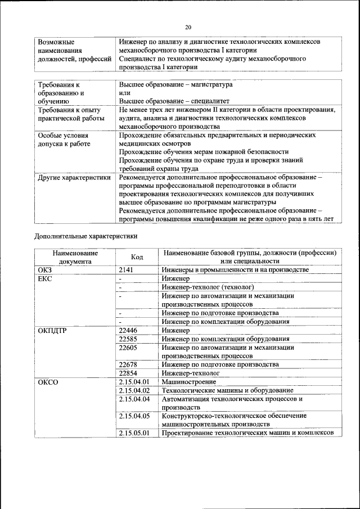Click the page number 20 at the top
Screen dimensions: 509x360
pos(188,27)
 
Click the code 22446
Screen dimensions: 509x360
pos(129,330)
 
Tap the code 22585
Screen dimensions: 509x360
pos(129,339)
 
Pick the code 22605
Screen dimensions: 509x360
pos(129,348)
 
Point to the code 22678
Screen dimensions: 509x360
pos(129,364)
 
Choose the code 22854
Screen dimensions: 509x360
pos(129,373)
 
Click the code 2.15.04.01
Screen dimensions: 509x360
pos(134,382)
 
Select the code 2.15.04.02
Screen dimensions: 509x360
pos(134,390)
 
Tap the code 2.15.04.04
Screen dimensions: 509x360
pos(134,399)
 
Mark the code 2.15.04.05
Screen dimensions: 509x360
pos(134,416)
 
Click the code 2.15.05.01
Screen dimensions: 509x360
pos(134,433)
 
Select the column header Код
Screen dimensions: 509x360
pos(137,257)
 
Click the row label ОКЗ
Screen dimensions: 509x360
pos(44,270)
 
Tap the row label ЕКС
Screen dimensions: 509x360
pos(44,278)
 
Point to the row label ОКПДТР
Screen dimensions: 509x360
pos(52,330)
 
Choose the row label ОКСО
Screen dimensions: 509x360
pos(48,382)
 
